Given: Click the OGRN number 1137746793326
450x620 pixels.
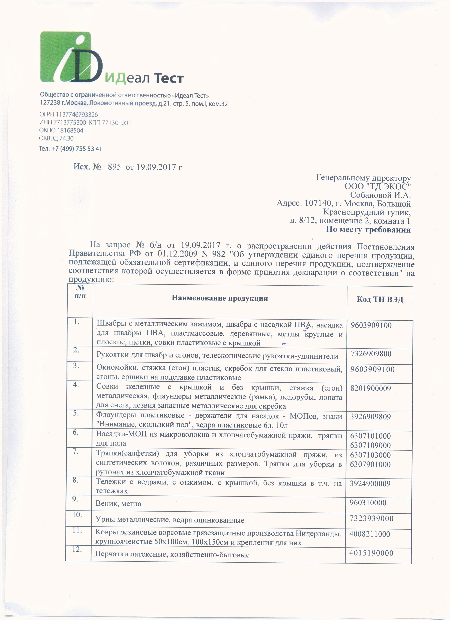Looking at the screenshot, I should pos(77,114).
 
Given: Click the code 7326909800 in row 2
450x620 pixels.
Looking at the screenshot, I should pos(371,354).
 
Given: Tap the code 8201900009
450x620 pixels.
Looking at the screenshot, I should pos(371,388).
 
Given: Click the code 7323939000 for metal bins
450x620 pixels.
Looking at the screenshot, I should pos(371,519).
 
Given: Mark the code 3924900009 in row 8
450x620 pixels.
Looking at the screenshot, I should pos(370,484).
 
